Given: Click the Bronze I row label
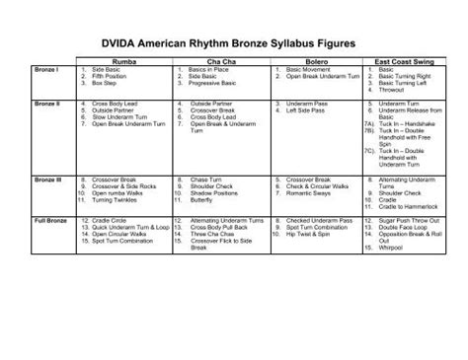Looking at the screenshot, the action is (x=45, y=71).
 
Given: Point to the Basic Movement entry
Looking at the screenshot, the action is (x=310, y=71).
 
